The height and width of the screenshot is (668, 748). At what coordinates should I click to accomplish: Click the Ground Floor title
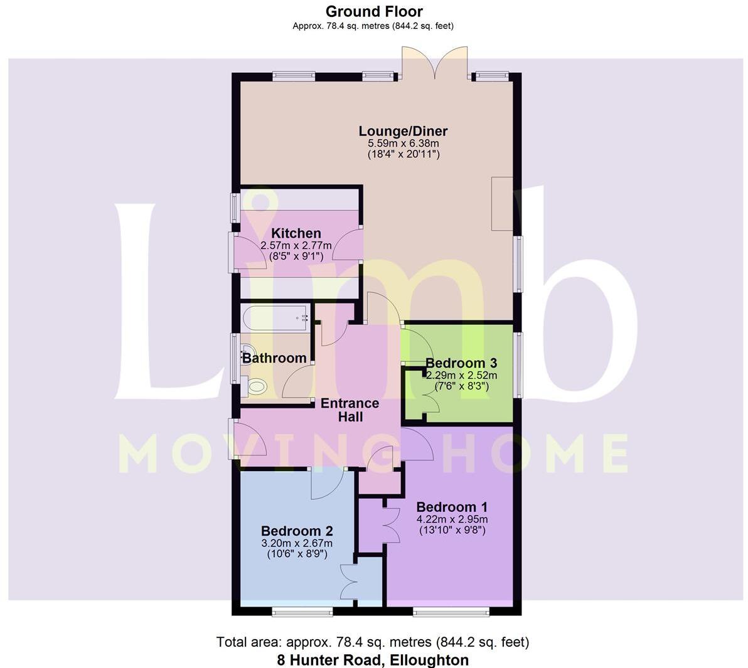coord(374,11)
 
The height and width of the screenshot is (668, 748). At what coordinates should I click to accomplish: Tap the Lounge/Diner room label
coord(403,131)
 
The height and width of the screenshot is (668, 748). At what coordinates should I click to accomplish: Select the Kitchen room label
coord(296,233)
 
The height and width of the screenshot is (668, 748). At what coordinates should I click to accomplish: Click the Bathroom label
coord(274,358)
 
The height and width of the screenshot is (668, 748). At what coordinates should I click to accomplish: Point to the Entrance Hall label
coord(350,410)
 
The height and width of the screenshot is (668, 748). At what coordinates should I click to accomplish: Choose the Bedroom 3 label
coord(461,363)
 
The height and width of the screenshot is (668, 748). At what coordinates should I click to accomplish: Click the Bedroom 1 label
coord(452,507)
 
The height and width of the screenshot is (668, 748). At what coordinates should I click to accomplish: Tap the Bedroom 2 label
coord(297,531)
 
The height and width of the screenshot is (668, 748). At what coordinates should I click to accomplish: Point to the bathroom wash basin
coord(246,355)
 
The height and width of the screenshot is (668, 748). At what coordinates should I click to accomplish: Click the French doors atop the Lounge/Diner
coord(434,64)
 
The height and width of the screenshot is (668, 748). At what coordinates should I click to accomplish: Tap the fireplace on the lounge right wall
coord(502,204)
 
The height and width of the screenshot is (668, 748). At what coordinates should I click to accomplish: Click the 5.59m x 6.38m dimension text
coord(403,144)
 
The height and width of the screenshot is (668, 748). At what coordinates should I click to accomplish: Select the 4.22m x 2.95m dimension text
coord(452,519)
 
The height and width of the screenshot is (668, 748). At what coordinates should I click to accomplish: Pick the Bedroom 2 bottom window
coord(295,610)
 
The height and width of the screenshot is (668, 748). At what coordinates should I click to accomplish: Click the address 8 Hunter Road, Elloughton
coord(373,660)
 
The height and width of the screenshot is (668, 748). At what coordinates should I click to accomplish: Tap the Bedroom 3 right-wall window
coord(518,364)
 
